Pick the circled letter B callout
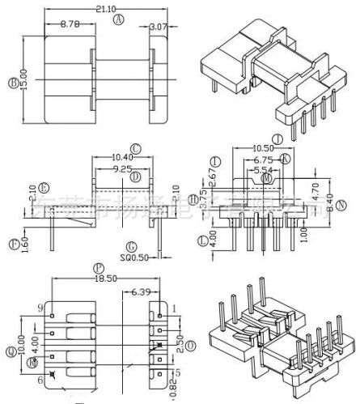pyautogui.click(x=13, y=83)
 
